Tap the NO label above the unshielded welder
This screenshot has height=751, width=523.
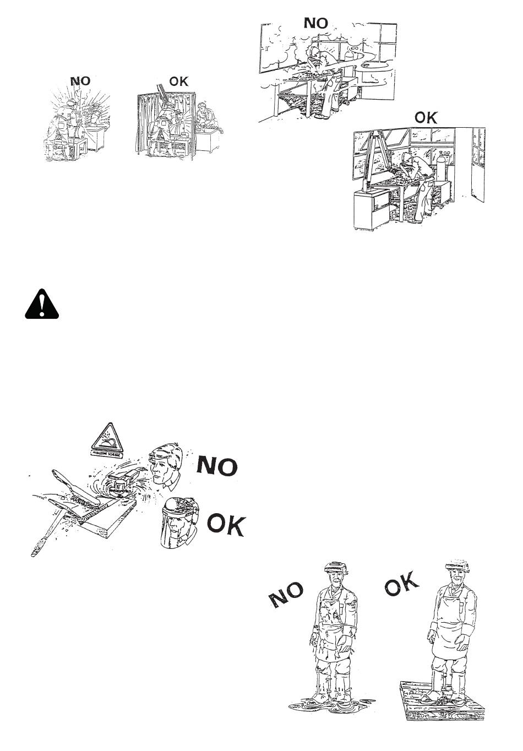coord(80,81)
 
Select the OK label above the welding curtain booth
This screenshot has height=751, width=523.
coord(178,81)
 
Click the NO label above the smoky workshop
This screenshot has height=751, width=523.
coord(316,23)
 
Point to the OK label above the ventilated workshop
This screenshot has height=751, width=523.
coord(425,117)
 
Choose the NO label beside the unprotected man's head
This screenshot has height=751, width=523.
coord(217,466)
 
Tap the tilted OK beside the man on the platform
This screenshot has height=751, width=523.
coord(402,584)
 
